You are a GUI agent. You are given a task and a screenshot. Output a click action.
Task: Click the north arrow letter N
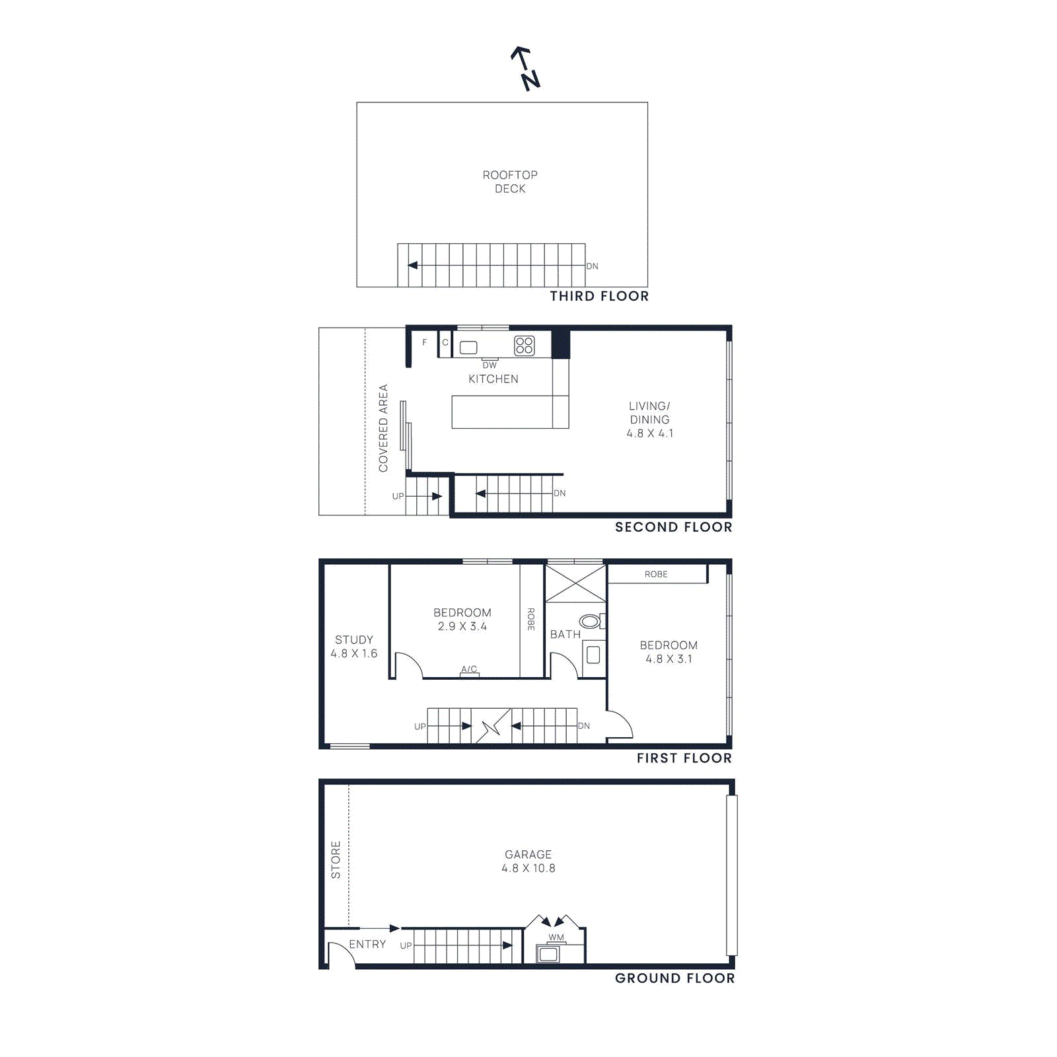click(531, 81)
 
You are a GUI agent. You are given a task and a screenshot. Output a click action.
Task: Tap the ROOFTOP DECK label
click(510, 182)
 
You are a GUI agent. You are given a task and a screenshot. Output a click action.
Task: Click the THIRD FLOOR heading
click(599, 296)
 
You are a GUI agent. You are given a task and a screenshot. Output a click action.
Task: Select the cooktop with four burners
click(525, 346)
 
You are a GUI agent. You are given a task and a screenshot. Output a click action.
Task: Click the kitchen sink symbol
click(468, 347)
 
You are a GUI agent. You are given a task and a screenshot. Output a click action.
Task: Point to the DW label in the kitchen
click(490, 365)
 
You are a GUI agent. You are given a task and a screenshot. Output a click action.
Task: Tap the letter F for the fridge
click(424, 342)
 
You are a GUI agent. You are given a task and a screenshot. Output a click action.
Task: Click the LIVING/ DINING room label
click(649, 413)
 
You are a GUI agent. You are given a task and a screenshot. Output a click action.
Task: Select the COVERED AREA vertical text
click(383, 428)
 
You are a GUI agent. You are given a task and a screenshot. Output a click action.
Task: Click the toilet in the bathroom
click(589, 621)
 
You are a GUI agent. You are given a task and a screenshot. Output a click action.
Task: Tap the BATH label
click(565, 634)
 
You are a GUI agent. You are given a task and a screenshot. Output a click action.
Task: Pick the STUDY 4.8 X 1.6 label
click(354, 646)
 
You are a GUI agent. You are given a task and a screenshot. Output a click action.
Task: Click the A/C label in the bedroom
click(469, 669)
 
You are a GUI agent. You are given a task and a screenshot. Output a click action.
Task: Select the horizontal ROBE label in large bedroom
click(656, 574)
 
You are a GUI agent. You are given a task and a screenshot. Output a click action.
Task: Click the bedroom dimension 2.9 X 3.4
click(462, 626)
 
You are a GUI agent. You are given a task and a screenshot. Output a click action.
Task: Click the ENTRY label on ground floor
click(367, 944)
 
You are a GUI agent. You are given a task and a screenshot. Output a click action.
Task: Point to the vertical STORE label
click(336, 859)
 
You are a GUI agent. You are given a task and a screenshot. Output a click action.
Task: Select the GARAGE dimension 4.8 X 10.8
click(528, 868)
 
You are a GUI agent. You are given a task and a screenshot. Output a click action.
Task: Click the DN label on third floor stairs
click(593, 266)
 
